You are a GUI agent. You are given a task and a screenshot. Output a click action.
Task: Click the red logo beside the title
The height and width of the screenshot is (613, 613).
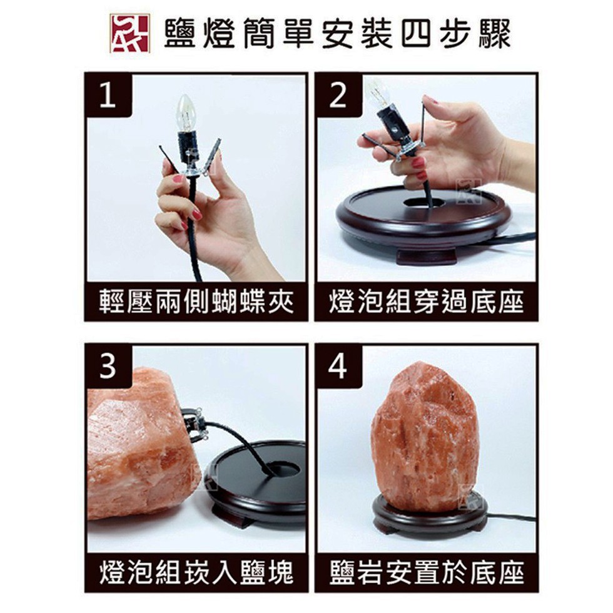point(130,33)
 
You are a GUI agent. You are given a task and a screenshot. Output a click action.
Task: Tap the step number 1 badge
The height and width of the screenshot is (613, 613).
point(108,95)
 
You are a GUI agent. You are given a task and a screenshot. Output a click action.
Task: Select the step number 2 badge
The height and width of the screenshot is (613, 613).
point(338,95)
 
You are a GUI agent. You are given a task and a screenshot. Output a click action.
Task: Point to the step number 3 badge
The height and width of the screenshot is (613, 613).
point(108,367)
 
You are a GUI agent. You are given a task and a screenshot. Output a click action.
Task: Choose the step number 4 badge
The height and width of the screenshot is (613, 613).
point(338,367)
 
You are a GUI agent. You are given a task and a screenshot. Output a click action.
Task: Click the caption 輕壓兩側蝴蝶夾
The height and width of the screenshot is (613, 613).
point(196,301)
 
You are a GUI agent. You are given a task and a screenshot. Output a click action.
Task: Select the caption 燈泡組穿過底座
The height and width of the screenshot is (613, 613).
point(426,301)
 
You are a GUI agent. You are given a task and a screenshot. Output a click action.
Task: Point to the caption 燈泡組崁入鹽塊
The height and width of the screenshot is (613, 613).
point(196,573)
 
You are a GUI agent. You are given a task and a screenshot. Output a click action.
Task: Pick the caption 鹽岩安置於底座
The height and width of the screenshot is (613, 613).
point(426,573)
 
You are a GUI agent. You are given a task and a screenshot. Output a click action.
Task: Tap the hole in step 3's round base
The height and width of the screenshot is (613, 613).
point(280,469)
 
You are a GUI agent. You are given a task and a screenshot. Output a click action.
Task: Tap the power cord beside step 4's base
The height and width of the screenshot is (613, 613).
point(512,519)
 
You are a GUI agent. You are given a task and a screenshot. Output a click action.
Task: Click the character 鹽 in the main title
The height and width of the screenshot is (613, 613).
point(180,34)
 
